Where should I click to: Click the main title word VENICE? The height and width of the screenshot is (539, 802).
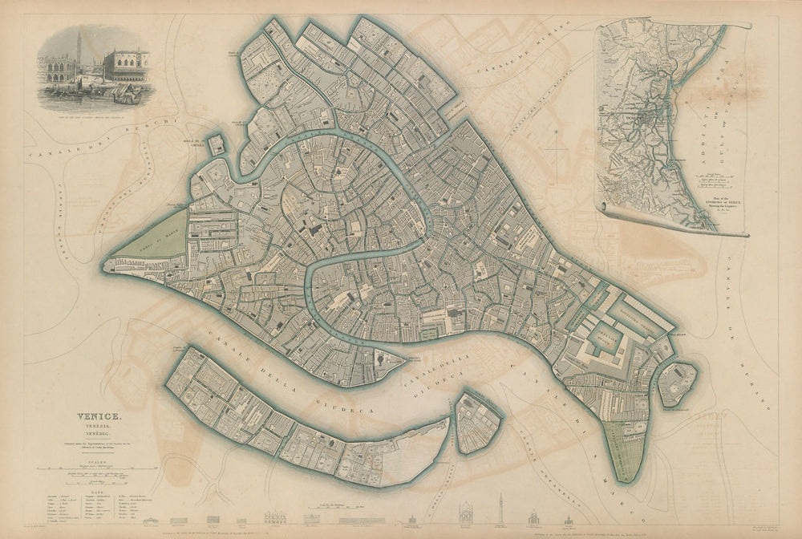point(99,416)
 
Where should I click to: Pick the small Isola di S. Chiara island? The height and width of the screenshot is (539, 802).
point(217,144)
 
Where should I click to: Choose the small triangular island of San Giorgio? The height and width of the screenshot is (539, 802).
point(477,421)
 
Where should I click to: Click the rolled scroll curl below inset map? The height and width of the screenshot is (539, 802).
point(610,211)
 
